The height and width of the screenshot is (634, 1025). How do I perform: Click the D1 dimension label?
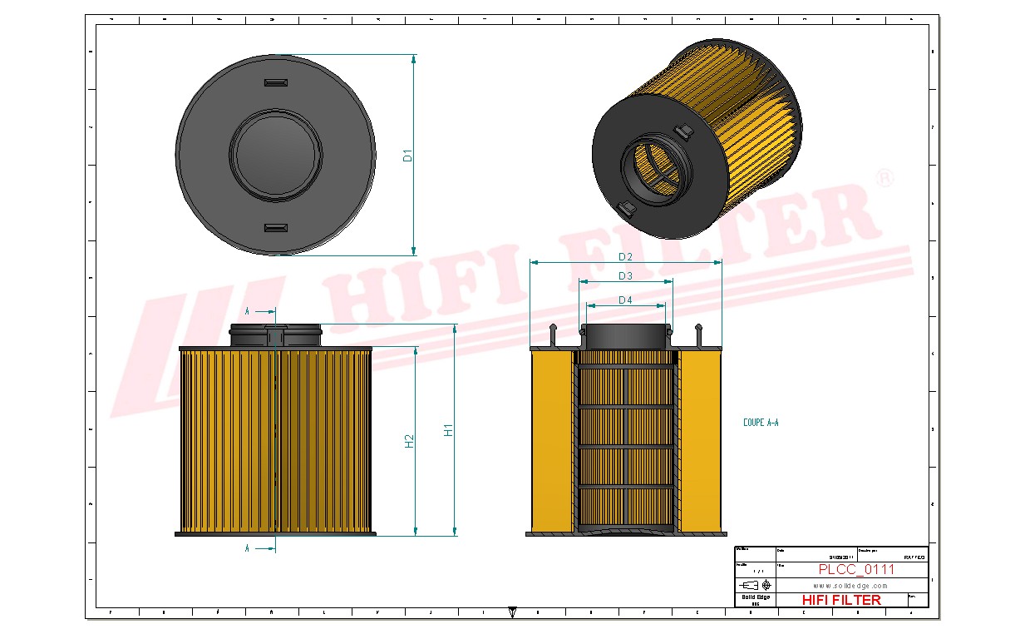point(407,155)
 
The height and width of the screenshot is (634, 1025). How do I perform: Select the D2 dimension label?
point(625,256)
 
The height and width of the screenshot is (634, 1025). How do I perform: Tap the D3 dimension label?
point(625,276)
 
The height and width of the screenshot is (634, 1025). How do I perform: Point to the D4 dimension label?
point(625,300)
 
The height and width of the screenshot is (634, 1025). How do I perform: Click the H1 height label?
point(448,430)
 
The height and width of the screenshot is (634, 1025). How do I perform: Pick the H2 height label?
point(409,441)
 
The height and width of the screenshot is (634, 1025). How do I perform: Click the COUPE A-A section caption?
point(760,423)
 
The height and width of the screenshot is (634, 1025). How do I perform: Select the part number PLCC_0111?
point(856,570)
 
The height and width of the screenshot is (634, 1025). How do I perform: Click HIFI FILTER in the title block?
point(840,600)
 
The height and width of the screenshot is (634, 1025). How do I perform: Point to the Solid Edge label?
point(755,597)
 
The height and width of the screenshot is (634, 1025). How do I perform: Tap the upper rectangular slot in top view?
point(275,82)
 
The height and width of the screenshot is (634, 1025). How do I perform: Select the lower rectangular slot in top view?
point(275,228)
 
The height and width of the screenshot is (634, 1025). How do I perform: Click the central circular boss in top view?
point(275,155)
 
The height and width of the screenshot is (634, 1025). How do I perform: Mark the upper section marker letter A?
point(247,311)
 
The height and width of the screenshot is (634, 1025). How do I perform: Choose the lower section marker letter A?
point(247,549)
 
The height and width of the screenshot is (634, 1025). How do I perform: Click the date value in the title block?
point(840,557)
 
